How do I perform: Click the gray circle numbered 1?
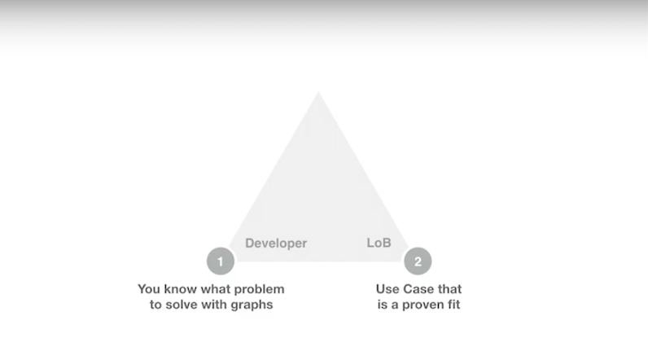(x=221, y=261)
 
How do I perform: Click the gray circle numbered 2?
(x=418, y=261)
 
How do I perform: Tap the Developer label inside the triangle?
(x=276, y=244)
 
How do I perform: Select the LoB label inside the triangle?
(x=379, y=243)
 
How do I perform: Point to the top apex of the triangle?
(x=318, y=92)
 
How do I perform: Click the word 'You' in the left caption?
(x=149, y=289)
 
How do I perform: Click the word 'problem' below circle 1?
(x=260, y=289)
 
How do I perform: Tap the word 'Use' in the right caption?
(x=387, y=289)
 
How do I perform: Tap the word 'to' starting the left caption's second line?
(x=155, y=305)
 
